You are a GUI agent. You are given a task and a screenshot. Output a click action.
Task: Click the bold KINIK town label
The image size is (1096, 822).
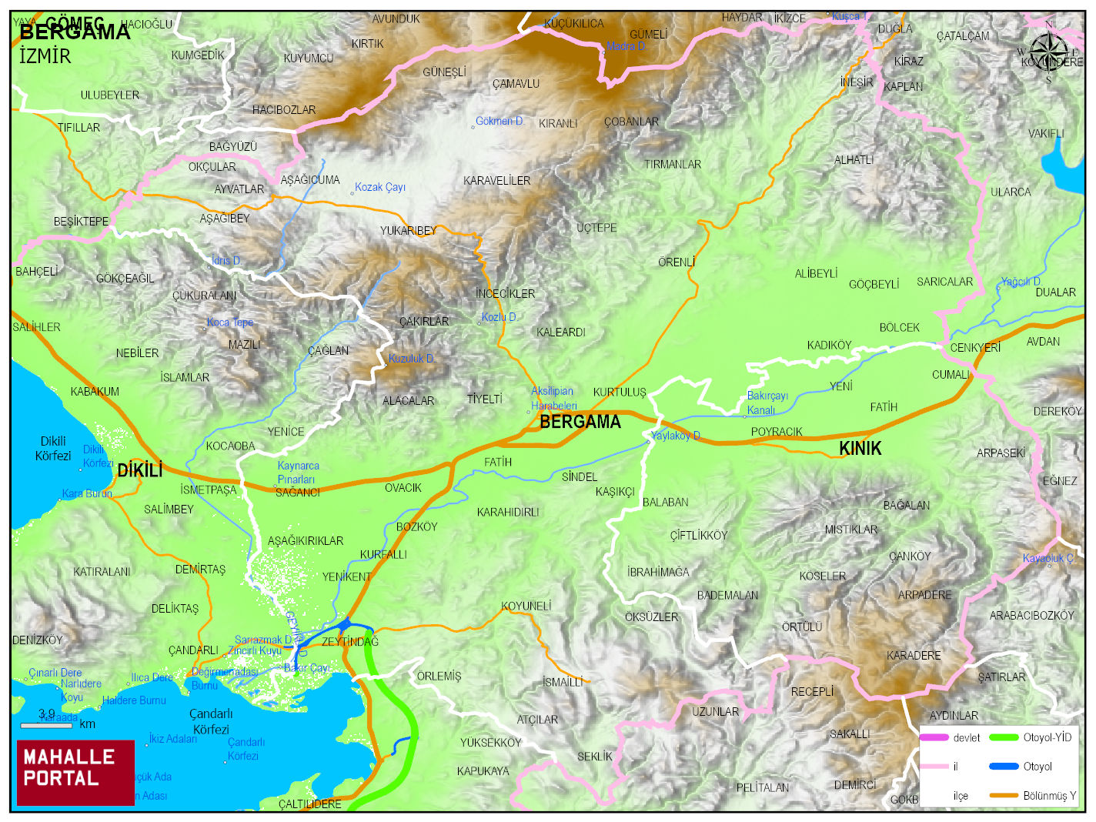[x=860, y=448]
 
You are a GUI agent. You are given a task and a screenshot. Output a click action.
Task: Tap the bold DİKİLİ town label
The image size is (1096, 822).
[x=139, y=469]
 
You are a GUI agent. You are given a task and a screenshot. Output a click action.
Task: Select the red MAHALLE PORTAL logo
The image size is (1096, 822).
[x=75, y=772]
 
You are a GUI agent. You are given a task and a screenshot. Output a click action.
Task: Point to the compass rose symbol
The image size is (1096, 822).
[x=1048, y=52]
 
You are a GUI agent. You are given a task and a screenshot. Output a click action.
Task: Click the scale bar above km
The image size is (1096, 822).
[x=46, y=725]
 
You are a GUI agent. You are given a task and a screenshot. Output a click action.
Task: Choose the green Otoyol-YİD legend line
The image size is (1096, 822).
[x=1003, y=737]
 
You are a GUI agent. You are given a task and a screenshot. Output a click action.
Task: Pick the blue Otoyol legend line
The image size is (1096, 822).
[x=1003, y=767]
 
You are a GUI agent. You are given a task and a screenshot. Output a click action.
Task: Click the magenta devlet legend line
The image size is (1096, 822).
[x=934, y=737]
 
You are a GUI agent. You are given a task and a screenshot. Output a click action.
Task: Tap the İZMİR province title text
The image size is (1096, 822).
[x=45, y=56]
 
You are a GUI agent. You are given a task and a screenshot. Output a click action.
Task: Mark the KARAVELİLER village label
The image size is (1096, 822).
[x=496, y=181]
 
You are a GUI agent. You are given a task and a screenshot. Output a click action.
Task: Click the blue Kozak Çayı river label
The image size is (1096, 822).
[x=379, y=187]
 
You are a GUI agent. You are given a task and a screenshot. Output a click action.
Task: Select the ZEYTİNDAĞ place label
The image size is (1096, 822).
[x=350, y=642]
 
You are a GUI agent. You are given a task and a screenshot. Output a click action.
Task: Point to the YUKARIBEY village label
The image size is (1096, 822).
[x=408, y=231]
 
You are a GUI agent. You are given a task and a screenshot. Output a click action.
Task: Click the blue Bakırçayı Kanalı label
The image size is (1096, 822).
[x=767, y=403]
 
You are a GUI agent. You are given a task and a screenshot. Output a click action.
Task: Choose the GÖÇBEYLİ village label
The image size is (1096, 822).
[x=874, y=285]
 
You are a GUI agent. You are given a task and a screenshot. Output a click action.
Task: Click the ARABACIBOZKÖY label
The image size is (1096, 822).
[x=1031, y=616]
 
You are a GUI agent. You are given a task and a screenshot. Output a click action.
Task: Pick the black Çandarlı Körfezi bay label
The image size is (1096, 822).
[x=211, y=721]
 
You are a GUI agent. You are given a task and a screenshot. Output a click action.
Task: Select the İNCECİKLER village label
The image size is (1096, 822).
[x=505, y=294]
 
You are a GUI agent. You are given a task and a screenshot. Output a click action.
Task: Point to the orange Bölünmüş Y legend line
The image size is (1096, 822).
[x=1003, y=795]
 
